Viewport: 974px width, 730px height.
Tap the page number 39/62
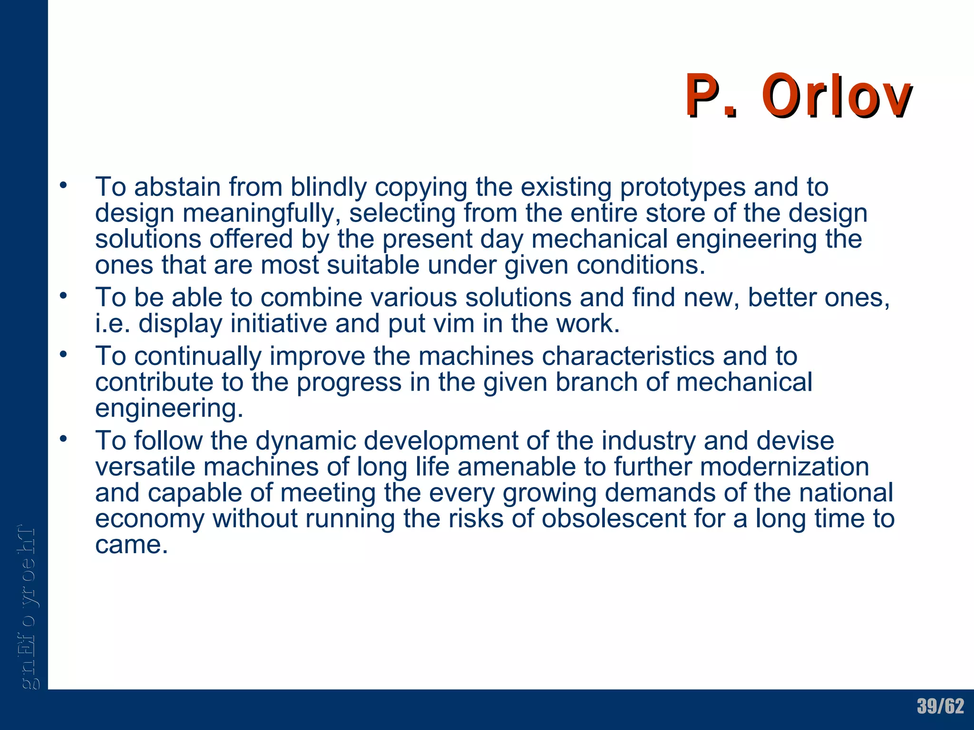click(940, 706)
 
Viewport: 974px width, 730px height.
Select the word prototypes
click(682, 187)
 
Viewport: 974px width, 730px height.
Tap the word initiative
click(279, 324)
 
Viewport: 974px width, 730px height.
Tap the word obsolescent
click(614, 519)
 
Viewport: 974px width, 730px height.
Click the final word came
click(131, 545)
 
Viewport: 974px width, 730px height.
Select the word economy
click(149, 519)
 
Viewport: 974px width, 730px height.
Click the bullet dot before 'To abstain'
click(63, 186)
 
